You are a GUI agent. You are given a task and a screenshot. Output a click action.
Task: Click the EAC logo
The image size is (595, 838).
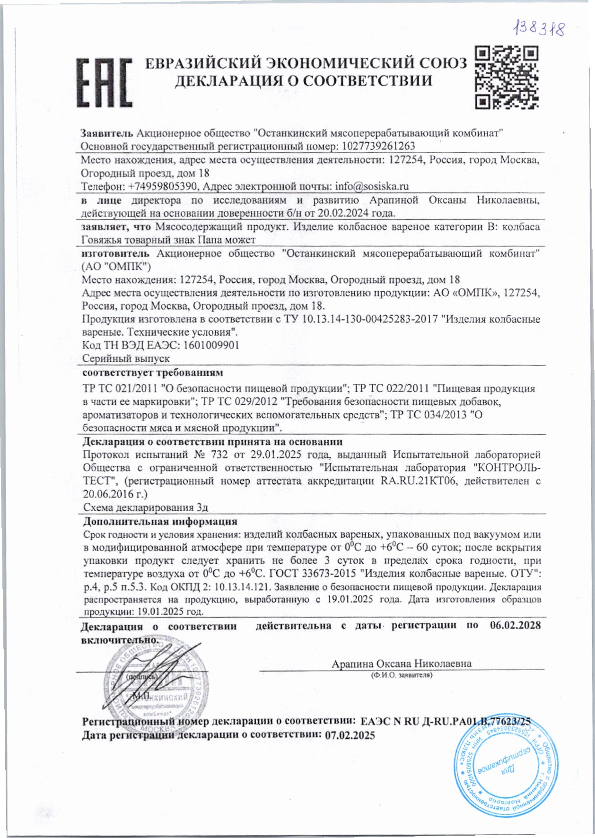click(x=104, y=82)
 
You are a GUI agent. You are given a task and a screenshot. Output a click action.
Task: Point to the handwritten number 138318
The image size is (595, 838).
click(x=539, y=29)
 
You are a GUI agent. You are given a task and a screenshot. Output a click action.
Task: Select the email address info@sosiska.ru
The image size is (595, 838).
click(x=372, y=186)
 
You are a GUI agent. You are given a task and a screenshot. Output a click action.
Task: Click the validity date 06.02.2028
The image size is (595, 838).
click(x=515, y=625)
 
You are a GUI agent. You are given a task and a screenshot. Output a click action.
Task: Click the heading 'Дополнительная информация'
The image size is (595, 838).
click(x=160, y=522)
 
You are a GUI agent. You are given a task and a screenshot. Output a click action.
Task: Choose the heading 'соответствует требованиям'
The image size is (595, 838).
click(x=152, y=372)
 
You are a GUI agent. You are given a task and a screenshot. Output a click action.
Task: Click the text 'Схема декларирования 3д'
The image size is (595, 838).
click(x=146, y=507)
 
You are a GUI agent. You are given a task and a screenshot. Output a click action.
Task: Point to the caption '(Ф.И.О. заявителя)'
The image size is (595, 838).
click(x=402, y=675)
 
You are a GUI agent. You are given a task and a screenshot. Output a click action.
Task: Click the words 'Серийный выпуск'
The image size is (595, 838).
click(x=126, y=358)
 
